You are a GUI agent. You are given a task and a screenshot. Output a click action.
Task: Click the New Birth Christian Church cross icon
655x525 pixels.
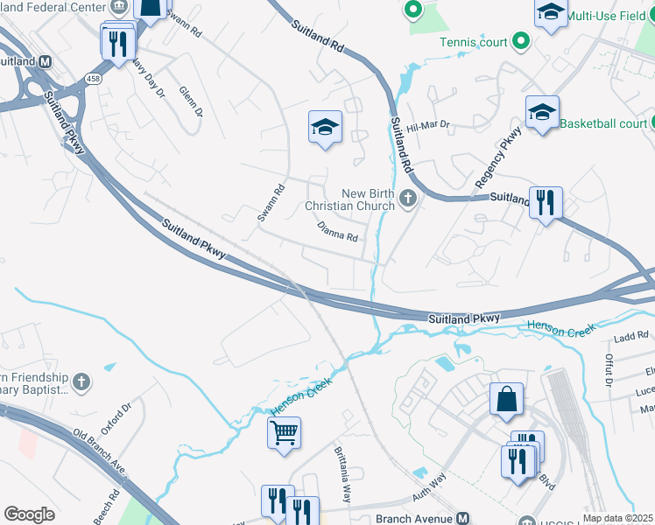(407, 199)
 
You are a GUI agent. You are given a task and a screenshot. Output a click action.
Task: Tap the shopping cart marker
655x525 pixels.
(285, 432)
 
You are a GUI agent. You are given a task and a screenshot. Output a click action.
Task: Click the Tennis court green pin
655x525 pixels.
(521, 41)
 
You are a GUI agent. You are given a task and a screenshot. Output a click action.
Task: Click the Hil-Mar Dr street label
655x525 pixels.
(428, 126)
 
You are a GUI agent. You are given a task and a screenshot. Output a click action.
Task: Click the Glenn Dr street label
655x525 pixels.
(190, 101)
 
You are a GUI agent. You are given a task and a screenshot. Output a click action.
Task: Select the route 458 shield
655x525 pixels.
(92, 80)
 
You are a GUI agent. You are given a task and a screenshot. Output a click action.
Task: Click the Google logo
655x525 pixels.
(29, 514)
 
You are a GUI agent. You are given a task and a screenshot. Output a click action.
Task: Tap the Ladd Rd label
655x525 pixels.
(630, 335)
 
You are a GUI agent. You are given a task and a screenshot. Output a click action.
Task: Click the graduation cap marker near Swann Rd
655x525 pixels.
(325, 128)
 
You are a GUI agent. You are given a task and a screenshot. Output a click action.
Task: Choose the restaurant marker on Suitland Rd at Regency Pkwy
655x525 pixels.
(546, 203)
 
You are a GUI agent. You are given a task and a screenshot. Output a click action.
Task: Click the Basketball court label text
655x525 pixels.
(603, 123)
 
